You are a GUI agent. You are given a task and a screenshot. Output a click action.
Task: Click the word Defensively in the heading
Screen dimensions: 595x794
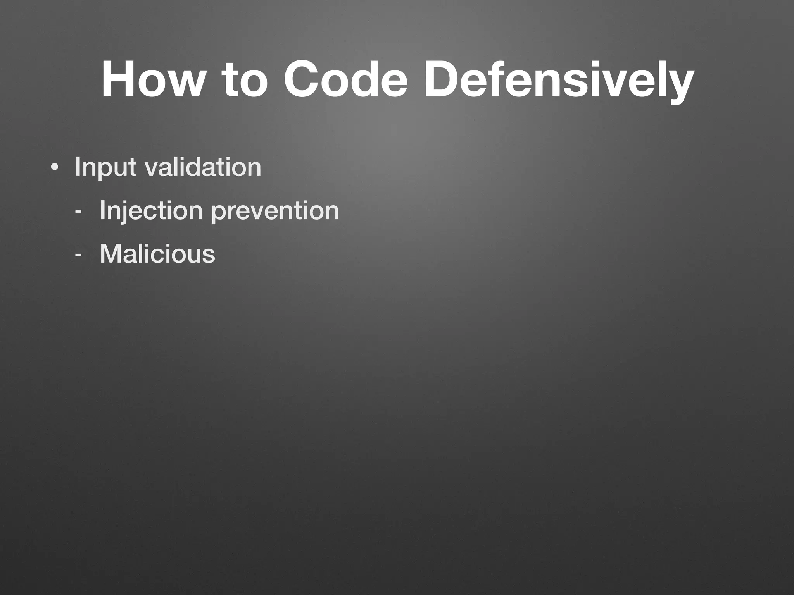558,79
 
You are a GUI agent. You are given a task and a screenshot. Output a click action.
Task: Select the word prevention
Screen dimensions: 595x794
275,211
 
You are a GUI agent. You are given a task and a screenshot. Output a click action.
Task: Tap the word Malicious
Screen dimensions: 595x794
157,254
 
